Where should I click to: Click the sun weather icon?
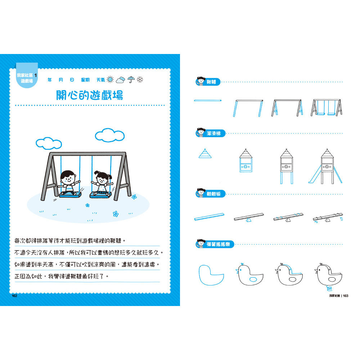click(110, 80)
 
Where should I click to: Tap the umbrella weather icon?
click(131, 80)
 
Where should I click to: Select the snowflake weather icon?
click(140, 80)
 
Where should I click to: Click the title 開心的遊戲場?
click(90, 95)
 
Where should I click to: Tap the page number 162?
click(14, 296)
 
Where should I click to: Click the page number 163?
click(346, 296)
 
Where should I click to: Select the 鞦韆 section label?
click(211, 82)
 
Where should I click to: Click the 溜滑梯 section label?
click(213, 133)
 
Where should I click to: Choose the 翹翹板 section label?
click(213, 194)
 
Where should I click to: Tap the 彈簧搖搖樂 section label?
click(218, 244)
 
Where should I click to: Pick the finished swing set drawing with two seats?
click(326, 108)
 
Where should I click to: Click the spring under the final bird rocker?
click(329, 288)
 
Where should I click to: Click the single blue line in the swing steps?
click(208, 100)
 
